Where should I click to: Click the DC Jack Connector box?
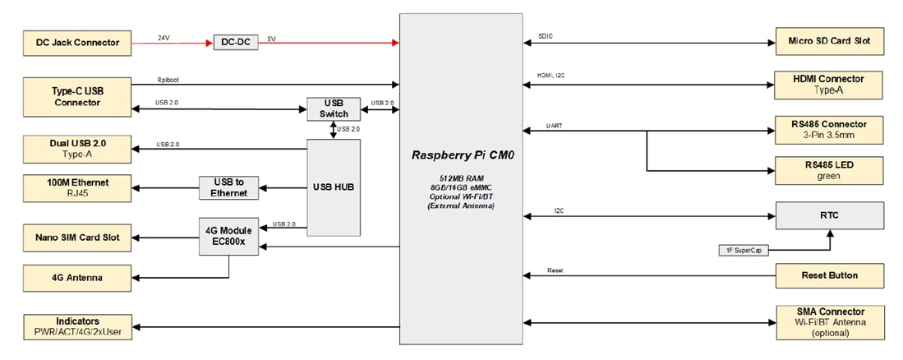tap(78, 43)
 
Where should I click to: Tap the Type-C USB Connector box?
tap(78, 97)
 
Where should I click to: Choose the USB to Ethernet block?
tap(229, 187)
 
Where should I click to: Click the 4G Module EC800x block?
tap(229, 236)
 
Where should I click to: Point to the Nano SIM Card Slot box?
tap(78, 237)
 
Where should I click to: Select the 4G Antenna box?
tap(78, 277)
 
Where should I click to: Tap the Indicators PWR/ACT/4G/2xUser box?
tap(78, 326)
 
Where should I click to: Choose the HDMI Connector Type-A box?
tap(830, 84)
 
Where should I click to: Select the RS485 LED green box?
tap(830, 170)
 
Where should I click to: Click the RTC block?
tap(830, 216)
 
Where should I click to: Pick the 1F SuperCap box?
tap(742, 250)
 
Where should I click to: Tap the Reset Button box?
tap(830, 276)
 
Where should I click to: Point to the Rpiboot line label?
tap(168, 80)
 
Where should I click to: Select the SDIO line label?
tap(546, 37)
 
